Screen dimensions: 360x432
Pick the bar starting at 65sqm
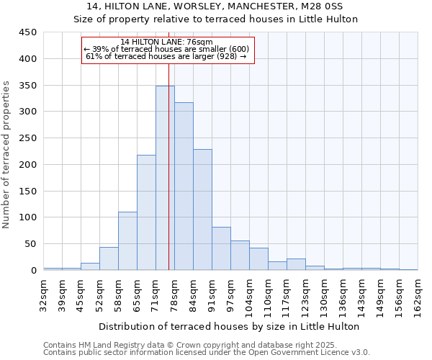click(146, 212)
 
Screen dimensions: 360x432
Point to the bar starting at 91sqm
click(221, 248)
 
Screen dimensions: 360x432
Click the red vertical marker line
click(168, 166)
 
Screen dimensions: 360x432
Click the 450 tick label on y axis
click(28, 32)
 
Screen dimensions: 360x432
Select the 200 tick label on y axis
click(28, 165)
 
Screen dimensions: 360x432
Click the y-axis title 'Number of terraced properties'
click(7, 155)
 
